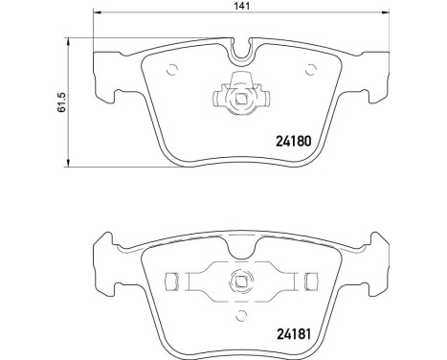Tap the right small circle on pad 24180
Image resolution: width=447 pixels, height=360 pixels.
coord(308,68)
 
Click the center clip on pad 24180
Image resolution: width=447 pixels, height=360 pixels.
coord(239,94)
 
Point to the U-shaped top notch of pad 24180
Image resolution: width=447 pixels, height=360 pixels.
coord(239,44)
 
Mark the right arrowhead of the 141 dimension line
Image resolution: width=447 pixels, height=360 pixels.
coord(388,18)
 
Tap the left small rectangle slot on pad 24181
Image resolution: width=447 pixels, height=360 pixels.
coord(173,281)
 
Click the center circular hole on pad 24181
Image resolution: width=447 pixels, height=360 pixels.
coord(239,281)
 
